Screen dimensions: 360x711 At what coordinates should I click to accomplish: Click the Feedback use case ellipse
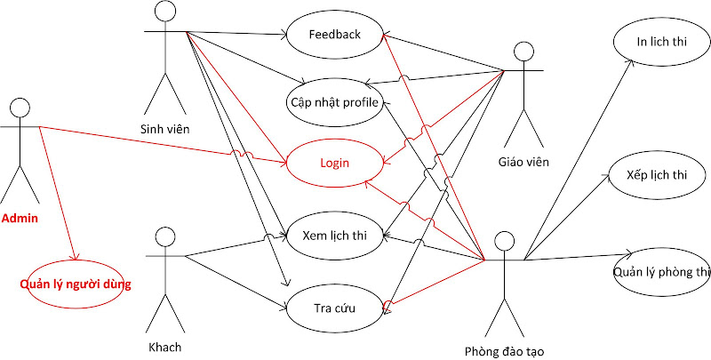click(x=335, y=35)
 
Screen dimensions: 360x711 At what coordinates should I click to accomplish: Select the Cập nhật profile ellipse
click(x=335, y=102)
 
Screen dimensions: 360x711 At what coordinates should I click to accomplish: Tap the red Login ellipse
click(x=335, y=163)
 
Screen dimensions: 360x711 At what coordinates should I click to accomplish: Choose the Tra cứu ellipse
click(x=335, y=308)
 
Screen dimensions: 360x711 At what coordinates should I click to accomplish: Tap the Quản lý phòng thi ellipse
click(x=661, y=272)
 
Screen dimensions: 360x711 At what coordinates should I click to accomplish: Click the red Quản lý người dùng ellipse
click(x=76, y=284)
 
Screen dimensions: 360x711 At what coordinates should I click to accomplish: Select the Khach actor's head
click(x=164, y=236)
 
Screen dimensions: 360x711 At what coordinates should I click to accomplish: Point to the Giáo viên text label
click(x=523, y=162)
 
